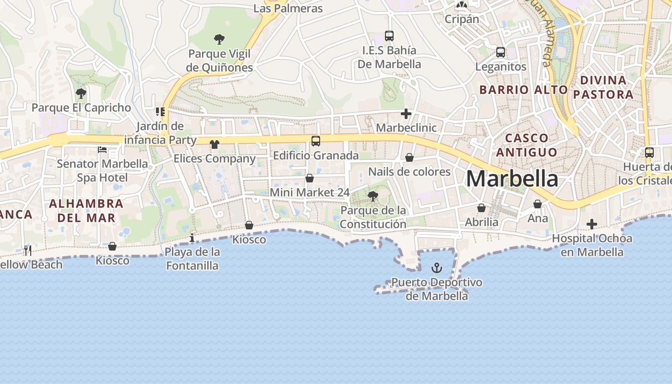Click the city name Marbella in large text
[512, 179]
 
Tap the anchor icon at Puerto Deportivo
[437, 268]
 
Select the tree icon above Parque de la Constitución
[372, 196]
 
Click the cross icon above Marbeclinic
[406, 114]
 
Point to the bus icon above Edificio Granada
[315, 141]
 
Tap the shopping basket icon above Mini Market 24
[310, 178]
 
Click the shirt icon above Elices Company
[214, 144]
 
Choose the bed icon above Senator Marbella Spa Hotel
[102, 150]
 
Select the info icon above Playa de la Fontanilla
[192, 238]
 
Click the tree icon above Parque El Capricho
[81, 93]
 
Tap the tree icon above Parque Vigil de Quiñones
[219, 39]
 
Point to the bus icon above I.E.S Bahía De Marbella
[389, 36]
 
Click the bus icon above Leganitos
[501, 52]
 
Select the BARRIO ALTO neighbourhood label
[524, 90]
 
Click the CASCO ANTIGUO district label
[527, 145]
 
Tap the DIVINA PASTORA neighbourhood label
[603, 87]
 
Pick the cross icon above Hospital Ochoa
[592, 224]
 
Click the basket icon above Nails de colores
[409, 157]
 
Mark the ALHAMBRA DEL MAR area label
[86, 210]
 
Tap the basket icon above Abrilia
[481, 208]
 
